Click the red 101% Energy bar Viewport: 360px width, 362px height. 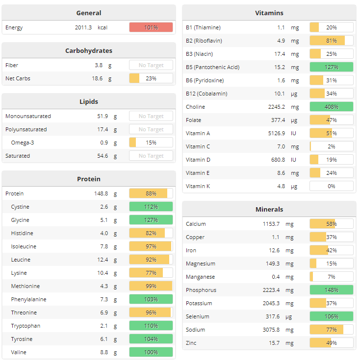(x=151, y=27)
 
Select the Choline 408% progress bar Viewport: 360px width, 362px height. (x=331, y=107)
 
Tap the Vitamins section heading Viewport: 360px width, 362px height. (x=269, y=13)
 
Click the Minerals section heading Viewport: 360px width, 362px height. (x=269, y=209)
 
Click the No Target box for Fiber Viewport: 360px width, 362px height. (x=151, y=65)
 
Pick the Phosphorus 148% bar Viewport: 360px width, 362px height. (x=331, y=290)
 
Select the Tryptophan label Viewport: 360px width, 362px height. (x=26, y=326)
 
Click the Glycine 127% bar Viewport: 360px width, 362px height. (x=151, y=220)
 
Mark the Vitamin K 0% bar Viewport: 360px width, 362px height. (x=331, y=186)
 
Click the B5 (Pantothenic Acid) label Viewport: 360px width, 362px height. (x=212, y=67)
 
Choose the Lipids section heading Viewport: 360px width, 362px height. (x=89, y=102)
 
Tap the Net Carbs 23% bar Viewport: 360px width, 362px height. (x=151, y=78)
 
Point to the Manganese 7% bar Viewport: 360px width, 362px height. (x=331, y=277)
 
